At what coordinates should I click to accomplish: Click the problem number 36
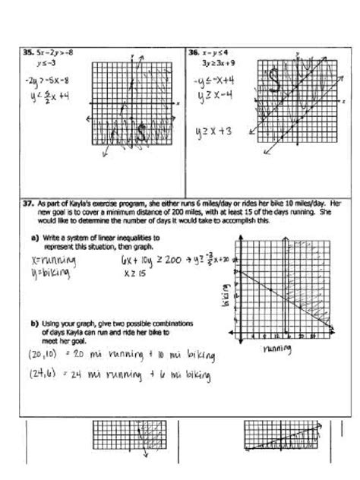(x=192, y=53)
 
